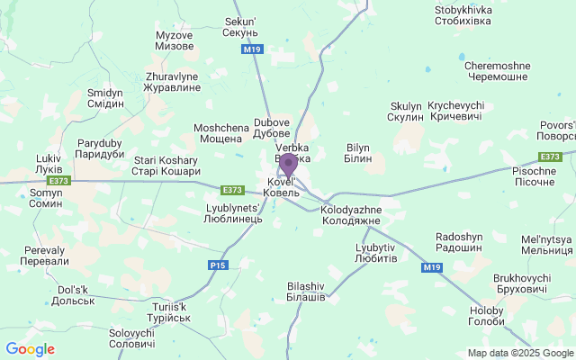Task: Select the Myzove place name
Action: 175,40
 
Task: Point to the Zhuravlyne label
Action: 166,82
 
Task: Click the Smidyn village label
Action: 105,98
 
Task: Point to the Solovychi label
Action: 132,338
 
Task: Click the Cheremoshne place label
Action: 496,71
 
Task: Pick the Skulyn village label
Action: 405,112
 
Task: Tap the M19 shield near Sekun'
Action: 253,50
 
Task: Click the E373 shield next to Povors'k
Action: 552,157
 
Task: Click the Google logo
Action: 30,349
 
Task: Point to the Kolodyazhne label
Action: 351,215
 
